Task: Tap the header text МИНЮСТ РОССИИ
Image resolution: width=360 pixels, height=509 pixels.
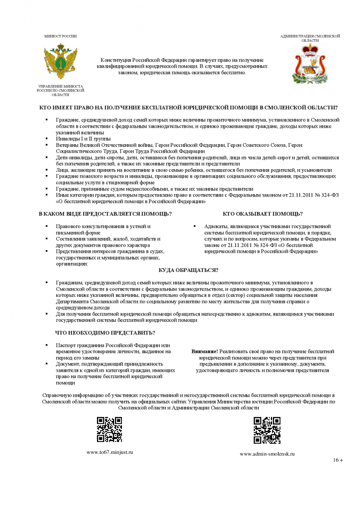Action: tap(60, 36)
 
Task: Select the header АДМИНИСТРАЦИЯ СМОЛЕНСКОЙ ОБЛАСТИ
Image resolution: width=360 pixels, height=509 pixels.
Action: tap(310, 38)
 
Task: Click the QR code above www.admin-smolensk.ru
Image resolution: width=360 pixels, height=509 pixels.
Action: tap(267, 430)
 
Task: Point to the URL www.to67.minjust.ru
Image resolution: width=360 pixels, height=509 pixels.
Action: tap(110, 452)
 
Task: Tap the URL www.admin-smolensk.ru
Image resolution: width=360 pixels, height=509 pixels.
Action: tap(267, 454)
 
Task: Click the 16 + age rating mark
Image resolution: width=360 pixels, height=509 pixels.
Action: tap(338, 460)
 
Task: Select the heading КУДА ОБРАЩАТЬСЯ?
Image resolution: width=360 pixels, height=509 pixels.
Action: tap(188, 270)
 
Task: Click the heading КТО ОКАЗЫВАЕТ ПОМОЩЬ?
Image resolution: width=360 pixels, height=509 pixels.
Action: tap(263, 214)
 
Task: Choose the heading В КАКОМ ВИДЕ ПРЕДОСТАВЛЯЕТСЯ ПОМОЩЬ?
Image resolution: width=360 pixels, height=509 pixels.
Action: tap(105, 214)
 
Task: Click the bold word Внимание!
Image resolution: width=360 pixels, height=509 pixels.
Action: tap(204, 352)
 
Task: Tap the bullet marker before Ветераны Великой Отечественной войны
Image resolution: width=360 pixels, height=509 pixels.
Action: tap(47, 145)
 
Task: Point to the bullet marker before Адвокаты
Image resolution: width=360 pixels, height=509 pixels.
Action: tap(194, 226)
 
